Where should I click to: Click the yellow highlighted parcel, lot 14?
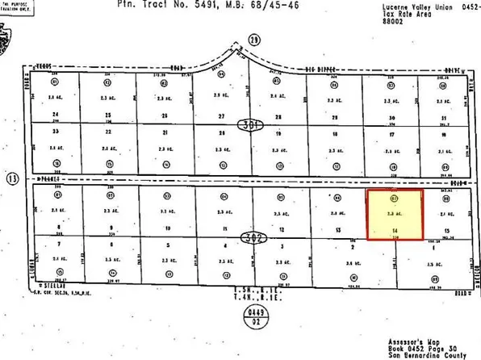coord(395,215)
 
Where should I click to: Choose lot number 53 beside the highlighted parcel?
coord(336,231)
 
